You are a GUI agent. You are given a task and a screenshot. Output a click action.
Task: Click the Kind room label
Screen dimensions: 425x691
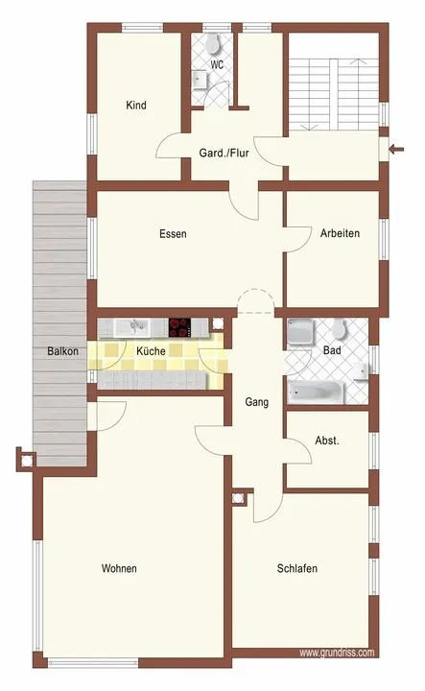click(x=136, y=106)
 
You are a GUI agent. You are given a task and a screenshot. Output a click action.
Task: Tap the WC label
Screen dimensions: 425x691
click(x=217, y=65)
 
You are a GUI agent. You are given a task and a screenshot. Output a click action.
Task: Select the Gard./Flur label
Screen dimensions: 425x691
click(x=224, y=153)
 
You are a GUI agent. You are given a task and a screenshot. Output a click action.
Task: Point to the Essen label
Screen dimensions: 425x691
click(x=173, y=233)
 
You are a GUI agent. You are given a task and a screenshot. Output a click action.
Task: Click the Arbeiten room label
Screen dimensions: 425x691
click(x=340, y=233)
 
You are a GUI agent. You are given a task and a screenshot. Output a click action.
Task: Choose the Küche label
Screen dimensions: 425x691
click(x=151, y=351)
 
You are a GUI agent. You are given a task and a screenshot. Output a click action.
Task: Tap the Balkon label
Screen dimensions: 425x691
click(x=63, y=351)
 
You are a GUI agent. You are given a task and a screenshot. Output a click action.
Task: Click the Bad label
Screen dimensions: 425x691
click(x=332, y=350)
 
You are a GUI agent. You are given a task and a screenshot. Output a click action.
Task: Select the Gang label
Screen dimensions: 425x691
click(x=257, y=402)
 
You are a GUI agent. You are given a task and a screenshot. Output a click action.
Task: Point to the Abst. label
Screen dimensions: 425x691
click(x=327, y=441)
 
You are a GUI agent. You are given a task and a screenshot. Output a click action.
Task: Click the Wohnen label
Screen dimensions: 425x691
click(x=119, y=568)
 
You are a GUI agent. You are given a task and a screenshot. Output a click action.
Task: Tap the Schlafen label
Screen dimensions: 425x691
click(x=296, y=568)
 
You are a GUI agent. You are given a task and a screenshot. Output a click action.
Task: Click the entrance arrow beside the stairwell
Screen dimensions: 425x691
click(x=396, y=150)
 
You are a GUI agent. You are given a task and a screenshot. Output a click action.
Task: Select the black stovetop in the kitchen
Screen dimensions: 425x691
click(x=179, y=328)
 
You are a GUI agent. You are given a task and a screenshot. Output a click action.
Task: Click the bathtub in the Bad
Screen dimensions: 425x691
click(x=316, y=393)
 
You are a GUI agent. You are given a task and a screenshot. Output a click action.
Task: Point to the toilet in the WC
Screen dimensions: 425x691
click(x=213, y=43)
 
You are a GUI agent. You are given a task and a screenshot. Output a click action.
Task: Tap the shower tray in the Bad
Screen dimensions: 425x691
click(x=300, y=331)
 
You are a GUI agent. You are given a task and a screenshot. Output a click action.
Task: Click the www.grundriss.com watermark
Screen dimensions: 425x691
click(x=337, y=653)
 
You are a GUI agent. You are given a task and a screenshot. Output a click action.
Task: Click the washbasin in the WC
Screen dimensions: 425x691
click(x=201, y=81)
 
